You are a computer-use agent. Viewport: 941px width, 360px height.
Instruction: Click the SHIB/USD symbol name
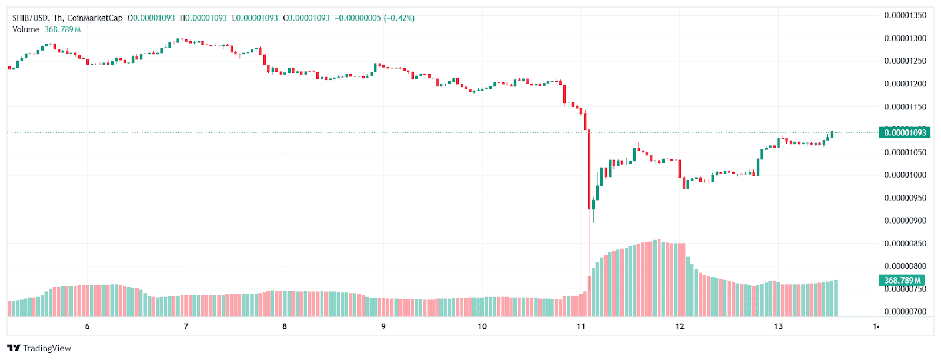pyautogui.click(x=31, y=18)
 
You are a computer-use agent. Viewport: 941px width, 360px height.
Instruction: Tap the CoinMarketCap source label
pyautogui.click(x=95, y=18)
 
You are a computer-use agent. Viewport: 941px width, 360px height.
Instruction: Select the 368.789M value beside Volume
pyautogui.click(x=63, y=29)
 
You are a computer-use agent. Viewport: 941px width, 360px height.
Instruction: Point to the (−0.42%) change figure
pyautogui.click(x=399, y=18)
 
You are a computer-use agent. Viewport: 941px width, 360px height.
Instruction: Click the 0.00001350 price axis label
pyautogui.click(x=905, y=15)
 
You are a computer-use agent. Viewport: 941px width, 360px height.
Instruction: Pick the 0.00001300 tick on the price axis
pyautogui.click(x=905, y=38)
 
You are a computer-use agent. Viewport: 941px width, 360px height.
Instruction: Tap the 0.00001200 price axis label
pyautogui.click(x=905, y=84)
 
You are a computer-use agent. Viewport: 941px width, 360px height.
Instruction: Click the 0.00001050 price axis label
pyautogui.click(x=905, y=152)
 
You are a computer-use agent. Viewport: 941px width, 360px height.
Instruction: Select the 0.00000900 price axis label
pyautogui.click(x=905, y=221)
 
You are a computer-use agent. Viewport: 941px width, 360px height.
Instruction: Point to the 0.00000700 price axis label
pyautogui.click(x=905, y=312)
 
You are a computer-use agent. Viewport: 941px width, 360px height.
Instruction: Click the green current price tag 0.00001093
pyautogui.click(x=905, y=132)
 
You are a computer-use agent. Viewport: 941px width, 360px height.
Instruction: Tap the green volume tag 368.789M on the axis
pyautogui.click(x=903, y=281)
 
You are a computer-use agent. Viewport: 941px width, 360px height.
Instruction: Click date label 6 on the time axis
pyautogui.click(x=87, y=326)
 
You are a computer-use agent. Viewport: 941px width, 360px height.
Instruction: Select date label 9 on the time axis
pyautogui.click(x=383, y=326)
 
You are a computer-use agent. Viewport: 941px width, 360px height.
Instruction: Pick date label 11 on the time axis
pyautogui.click(x=581, y=326)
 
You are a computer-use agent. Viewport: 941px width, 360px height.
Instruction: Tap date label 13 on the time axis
pyautogui.click(x=778, y=326)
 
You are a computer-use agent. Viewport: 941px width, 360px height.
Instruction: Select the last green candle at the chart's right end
pyautogui.click(x=832, y=134)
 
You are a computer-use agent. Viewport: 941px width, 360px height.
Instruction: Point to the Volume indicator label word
pyautogui.click(x=26, y=29)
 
